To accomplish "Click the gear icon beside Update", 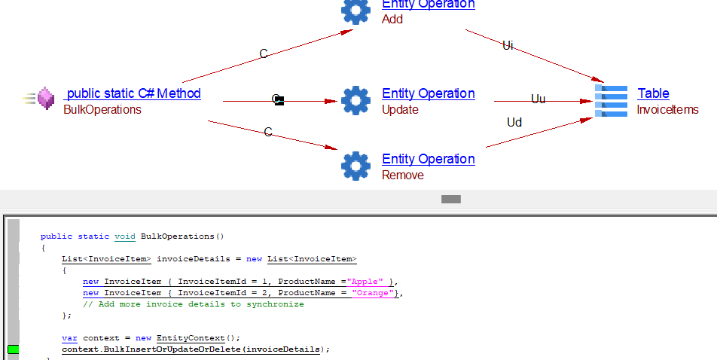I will [355, 100].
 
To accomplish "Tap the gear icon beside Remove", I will [355, 166].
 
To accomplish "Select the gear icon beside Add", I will [355, 10].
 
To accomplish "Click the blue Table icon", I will [611, 100].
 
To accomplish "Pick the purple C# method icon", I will [45, 99].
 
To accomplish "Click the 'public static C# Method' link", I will [133, 93].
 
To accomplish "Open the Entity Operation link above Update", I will [428, 93].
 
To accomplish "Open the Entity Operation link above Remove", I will [428, 159].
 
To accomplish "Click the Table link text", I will [653, 93].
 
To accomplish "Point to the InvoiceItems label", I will [667, 110].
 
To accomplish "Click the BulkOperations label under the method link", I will [102, 110].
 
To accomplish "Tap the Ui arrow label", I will [508, 46].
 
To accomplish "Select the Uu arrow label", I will [538, 99].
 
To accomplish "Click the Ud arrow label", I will [514, 122].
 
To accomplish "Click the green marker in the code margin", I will [13, 349].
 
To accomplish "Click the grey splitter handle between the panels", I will [451, 200].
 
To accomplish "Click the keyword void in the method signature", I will [125, 236].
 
